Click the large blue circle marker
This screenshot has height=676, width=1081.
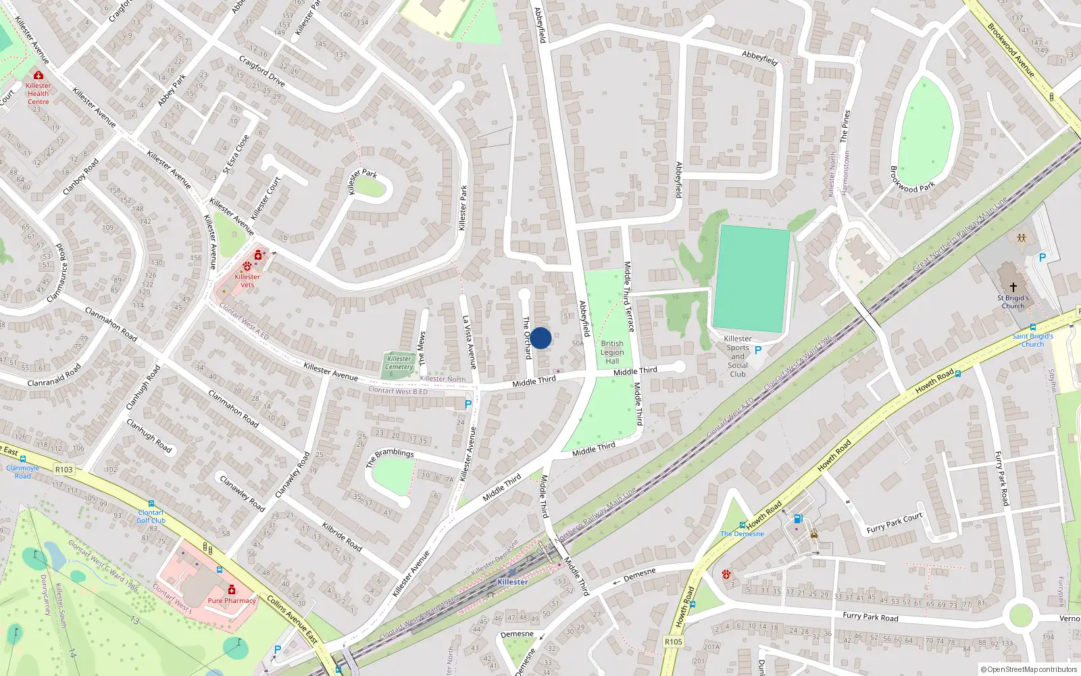pos(540,338)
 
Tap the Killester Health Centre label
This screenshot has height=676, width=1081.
pos(38,93)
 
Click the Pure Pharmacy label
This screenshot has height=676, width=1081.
pos(232,600)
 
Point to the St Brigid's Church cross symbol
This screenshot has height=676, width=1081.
pos(1013,287)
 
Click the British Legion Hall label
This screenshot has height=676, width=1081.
pos(612,352)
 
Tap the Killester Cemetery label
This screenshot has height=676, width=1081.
pos(399,363)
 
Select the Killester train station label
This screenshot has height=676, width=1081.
pos(512,581)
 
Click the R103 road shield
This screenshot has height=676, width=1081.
pos(64,469)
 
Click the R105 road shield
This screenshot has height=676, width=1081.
pos(673,642)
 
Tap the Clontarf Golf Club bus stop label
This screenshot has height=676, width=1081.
pos(151,516)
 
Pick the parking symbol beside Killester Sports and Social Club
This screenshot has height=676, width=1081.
pos(757,350)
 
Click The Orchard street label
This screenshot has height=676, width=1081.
pos(526,337)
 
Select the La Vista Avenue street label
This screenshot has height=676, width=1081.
pos(469,342)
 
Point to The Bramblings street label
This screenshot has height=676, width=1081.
pos(390,458)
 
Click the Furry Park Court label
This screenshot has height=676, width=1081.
pos(894,523)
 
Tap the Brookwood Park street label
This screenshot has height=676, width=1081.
pos(912,179)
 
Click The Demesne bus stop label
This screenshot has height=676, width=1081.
pos(742,533)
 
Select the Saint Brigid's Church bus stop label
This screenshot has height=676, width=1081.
pos(1032,340)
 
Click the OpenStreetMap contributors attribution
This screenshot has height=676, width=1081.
pos(1028,669)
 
